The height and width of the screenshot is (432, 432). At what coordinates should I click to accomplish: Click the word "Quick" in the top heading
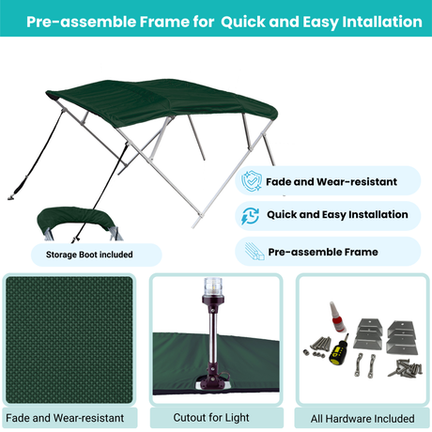point(245,22)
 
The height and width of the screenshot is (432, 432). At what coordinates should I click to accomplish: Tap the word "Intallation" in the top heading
point(371,22)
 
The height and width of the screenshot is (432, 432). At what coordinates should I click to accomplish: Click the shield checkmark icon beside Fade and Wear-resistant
point(251,181)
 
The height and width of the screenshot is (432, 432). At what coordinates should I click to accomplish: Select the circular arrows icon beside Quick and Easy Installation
point(251,215)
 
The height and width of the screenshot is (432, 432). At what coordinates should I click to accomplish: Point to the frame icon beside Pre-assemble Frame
point(251,252)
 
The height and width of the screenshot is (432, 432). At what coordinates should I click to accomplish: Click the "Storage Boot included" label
point(89,254)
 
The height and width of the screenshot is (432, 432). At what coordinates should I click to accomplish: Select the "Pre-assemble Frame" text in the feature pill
point(323,252)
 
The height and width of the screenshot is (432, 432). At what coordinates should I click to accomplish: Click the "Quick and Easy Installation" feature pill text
point(337,215)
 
